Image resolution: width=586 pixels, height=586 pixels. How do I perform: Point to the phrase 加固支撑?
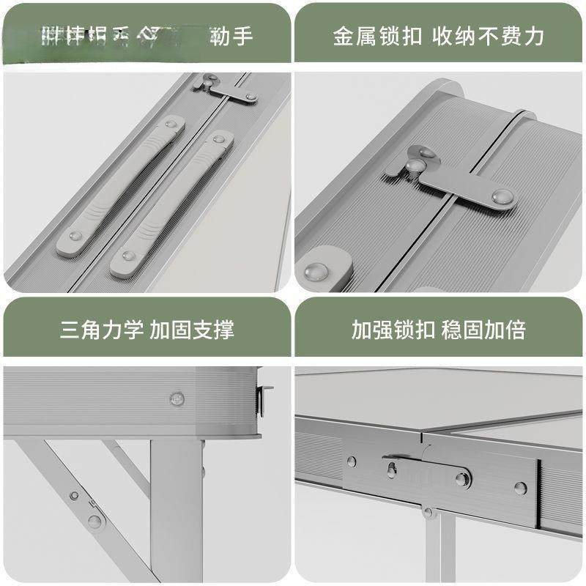coord(192,330)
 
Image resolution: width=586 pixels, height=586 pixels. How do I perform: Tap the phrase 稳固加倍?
coord(483,330)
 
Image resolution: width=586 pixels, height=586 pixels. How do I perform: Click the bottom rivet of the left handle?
coord(75,237)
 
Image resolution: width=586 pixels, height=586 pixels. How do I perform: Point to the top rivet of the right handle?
coord(218,138)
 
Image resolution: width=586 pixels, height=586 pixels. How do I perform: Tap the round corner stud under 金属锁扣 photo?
coord(318,271)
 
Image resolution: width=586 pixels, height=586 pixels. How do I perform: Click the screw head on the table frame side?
coord(176,398)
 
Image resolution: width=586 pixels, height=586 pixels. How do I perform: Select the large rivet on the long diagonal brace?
coord(94,521)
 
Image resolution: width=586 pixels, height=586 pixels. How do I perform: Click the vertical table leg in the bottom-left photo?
coord(176,513)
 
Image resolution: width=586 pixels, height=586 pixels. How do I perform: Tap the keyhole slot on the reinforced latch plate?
coord(391,468)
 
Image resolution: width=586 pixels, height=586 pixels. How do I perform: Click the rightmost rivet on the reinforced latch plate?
coord(520,487)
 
